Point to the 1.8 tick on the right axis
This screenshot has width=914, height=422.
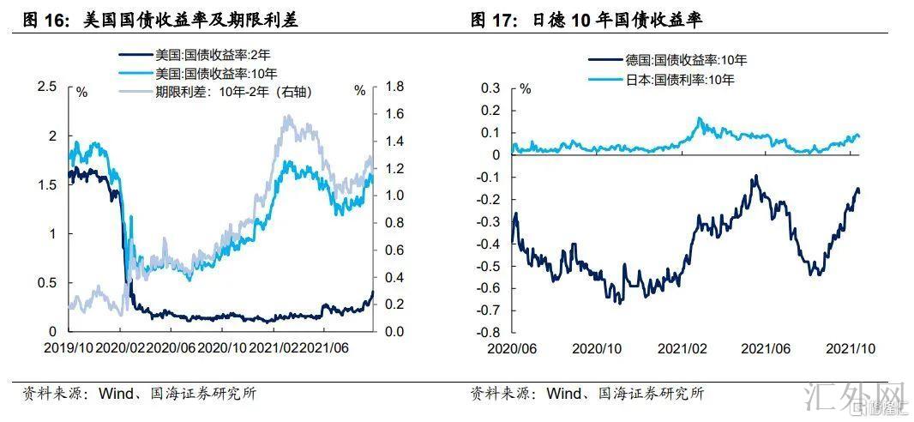tap(394, 87)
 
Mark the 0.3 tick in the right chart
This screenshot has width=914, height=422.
tap(490, 87)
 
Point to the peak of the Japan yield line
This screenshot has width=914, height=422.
tap(699, 118)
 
